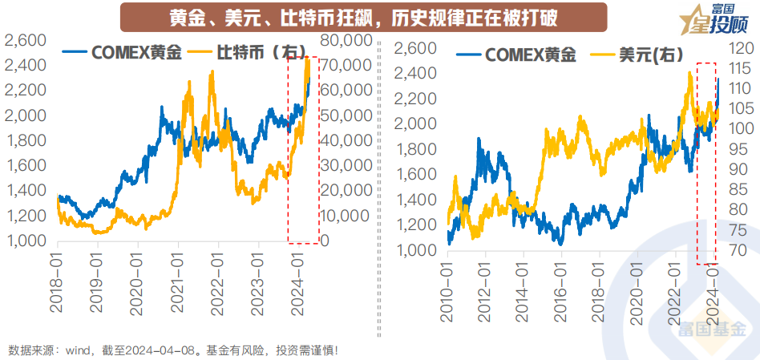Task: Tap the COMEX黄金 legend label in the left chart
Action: (132, 53)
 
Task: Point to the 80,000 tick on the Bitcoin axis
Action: (345, 40)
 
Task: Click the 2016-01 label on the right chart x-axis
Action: (564, 291)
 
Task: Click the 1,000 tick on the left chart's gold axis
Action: (26, 241)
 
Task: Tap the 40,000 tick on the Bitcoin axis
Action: (345, 140)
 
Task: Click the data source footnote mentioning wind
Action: (172, 350)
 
